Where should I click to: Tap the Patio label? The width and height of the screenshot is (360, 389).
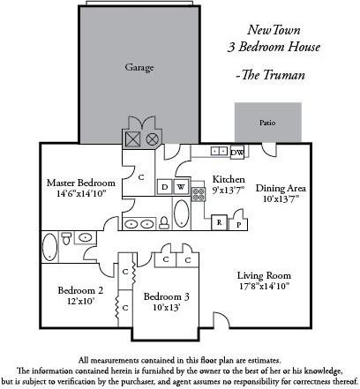[266, 123]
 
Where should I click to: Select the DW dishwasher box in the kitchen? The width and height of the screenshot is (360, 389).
[262, 152]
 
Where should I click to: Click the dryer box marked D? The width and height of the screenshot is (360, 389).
[164, 186]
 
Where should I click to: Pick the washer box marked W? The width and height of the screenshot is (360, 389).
[181, 186]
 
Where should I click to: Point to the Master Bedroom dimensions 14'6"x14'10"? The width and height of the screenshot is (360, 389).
[81, 192]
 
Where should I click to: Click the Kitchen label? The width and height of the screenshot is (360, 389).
[228, 177]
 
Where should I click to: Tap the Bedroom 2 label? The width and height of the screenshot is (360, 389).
[81, 290]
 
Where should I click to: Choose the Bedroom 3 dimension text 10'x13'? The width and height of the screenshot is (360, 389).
[165, 308]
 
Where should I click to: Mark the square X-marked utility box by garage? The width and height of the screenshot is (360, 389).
[132, 138]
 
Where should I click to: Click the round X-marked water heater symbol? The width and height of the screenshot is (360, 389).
[152, 138]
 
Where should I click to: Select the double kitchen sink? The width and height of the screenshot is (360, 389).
[221, 151]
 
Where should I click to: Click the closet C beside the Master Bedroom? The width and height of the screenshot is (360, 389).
[141, 176]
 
